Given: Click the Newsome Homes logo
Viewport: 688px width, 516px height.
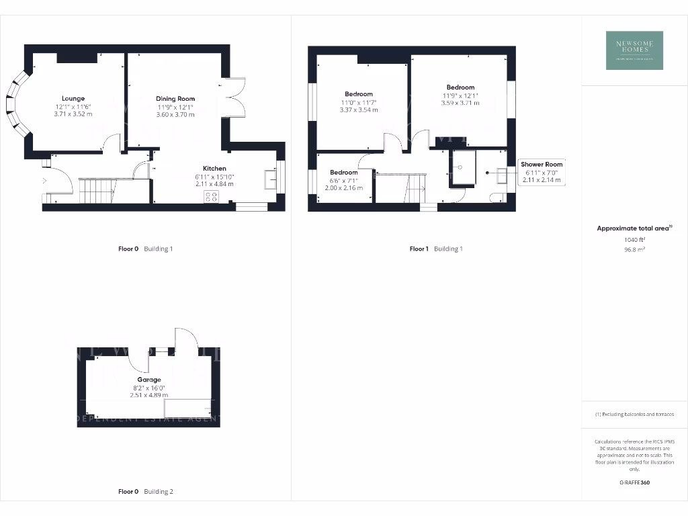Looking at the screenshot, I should coord(634,50).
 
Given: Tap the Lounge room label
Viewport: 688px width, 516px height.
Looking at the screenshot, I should coord(73,99).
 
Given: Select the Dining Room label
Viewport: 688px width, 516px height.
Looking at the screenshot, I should coord(175,99).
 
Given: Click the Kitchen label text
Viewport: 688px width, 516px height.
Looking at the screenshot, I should coord(215,169).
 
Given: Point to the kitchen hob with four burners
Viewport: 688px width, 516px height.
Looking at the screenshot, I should coord(211,196).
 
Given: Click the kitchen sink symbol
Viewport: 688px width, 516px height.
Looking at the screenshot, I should coord(269,179).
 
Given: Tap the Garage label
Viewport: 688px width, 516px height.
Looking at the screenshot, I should coord(149,380).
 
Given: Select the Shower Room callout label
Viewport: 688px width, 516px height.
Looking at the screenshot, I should coord(542,165).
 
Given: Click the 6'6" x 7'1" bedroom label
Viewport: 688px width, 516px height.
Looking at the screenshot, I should coord(343,173).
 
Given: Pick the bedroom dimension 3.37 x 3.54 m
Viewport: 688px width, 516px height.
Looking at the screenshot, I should coord(359,110).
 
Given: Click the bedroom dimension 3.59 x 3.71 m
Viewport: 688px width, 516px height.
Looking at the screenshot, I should coord(460,103).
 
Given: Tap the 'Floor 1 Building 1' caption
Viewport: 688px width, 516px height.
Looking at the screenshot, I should coord(436,249).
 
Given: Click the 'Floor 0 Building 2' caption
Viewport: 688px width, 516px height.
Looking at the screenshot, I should coord(146,492).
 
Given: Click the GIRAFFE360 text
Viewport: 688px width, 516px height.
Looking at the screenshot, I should coord(634,482).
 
